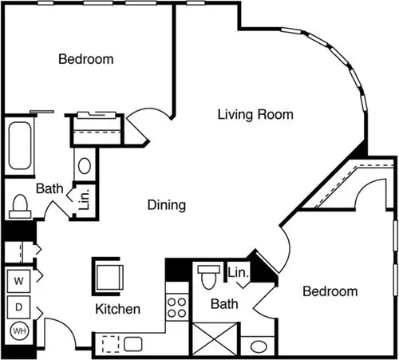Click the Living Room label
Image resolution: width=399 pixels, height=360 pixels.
(255, 115)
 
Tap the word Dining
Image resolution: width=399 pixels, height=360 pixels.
(167, 205)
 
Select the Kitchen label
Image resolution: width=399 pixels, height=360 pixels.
(118, 309)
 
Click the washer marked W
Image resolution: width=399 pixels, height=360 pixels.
(18, 281)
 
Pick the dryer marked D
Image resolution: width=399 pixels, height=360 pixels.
(18, 307)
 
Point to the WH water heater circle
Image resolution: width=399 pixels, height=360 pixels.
(19, 331)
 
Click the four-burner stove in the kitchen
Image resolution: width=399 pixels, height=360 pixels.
(177, 307)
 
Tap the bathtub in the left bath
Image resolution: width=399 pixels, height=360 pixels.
(20, 145)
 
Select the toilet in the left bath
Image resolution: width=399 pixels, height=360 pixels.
(20, 207)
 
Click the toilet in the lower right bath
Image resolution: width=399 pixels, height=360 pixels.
(209, 277)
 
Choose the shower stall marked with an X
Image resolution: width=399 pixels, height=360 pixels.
(215, 339)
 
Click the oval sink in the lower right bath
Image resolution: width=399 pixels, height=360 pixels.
(259, 346)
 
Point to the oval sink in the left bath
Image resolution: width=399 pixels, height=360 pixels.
(85, 166)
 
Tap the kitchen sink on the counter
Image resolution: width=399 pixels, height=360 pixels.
(133, 344)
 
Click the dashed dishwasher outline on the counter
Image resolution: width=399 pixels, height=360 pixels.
(111, 344)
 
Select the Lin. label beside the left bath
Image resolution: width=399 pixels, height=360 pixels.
(85, 200)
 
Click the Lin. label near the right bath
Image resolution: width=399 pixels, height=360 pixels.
(238, 272)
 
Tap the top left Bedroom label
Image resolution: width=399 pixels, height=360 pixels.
(86, 59)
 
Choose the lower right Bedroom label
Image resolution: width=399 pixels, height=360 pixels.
(330, 291)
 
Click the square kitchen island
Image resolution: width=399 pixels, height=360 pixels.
(108, 277)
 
